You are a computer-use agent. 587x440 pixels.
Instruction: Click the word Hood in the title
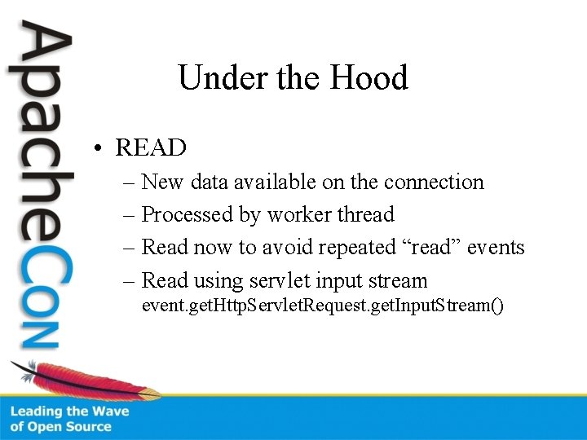pyautogui.click(x=369, y=78)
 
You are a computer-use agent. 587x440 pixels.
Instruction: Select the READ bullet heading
pyautogui.click(x=151, y=147)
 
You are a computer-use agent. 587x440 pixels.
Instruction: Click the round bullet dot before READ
pyautogui.click(x=97, y=148)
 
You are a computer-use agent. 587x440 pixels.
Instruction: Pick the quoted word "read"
pyautogui.click(x=431, y=247)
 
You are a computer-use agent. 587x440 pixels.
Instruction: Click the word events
pyautogui.click(x=496, y=247)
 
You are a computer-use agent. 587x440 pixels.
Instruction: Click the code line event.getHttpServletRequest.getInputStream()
pyautogui.click(x=323, y=306)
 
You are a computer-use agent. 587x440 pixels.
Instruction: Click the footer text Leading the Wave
pyautogui.click(x=69, y=411)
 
